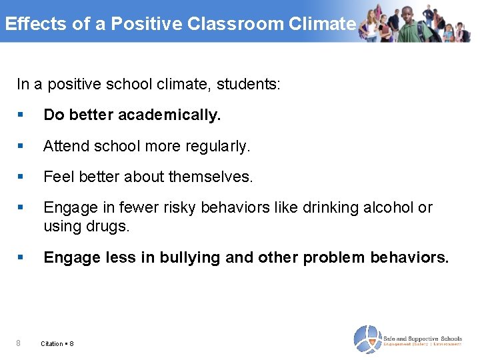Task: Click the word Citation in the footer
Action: pos(52,344)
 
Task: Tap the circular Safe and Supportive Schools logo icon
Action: pos(367,339)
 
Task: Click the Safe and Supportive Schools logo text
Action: pos(423,339)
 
